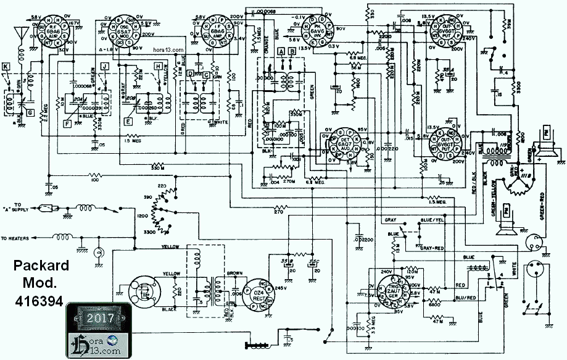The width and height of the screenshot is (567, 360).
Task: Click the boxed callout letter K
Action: pyautogui.click(x=6, y=65)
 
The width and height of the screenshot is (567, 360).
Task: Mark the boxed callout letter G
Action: pyautogui.click(x=29, y=112)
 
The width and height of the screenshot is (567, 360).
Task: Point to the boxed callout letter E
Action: pyautogui.click(x=128, y=122)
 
